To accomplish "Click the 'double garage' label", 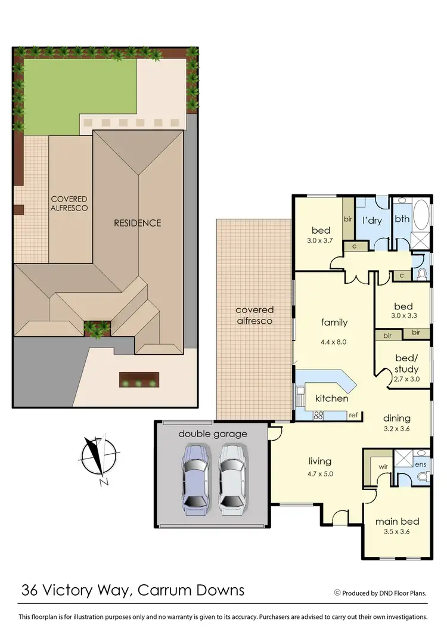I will point(213,433).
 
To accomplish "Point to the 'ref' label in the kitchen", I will point(353,414).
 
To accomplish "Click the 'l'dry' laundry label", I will point(372,220).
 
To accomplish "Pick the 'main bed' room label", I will point(394,521).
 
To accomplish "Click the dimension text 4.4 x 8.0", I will point(334,342).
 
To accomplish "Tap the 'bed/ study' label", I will point(407,364).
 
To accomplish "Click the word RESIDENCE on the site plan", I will point(138,223).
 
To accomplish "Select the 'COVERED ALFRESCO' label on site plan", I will point(69,203).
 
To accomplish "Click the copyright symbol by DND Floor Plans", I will point(337,592).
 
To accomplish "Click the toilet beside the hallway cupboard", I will point(422,274).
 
